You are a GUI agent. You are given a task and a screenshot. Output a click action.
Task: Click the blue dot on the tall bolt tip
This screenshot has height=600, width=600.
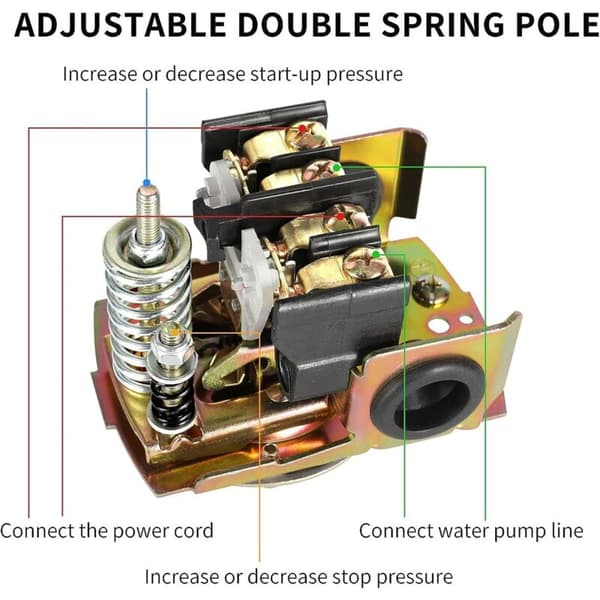click(147, 183)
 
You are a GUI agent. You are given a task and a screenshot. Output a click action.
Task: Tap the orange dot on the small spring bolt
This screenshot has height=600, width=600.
click(175, 331)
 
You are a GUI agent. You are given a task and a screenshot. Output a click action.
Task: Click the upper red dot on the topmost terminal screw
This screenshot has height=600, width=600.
click(302, 128)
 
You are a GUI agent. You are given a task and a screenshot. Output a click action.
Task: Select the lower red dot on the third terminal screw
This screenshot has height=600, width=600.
click(340, 217)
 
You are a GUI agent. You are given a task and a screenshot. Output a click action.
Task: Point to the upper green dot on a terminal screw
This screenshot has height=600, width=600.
click(337, 167)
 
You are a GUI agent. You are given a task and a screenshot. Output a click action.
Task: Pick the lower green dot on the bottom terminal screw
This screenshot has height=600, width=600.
click(377, 254)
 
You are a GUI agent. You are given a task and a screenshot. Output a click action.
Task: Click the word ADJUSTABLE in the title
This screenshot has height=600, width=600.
click(120, 25)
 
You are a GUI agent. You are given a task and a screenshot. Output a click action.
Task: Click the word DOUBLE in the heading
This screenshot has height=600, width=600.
click(304, 25)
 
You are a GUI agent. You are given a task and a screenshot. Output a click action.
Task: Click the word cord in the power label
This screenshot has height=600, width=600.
click(193, 531)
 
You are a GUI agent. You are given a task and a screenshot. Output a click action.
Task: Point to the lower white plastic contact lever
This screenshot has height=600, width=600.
click(249, 283)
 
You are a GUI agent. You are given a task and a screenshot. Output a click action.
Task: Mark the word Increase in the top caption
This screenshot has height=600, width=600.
click(100, 73)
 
